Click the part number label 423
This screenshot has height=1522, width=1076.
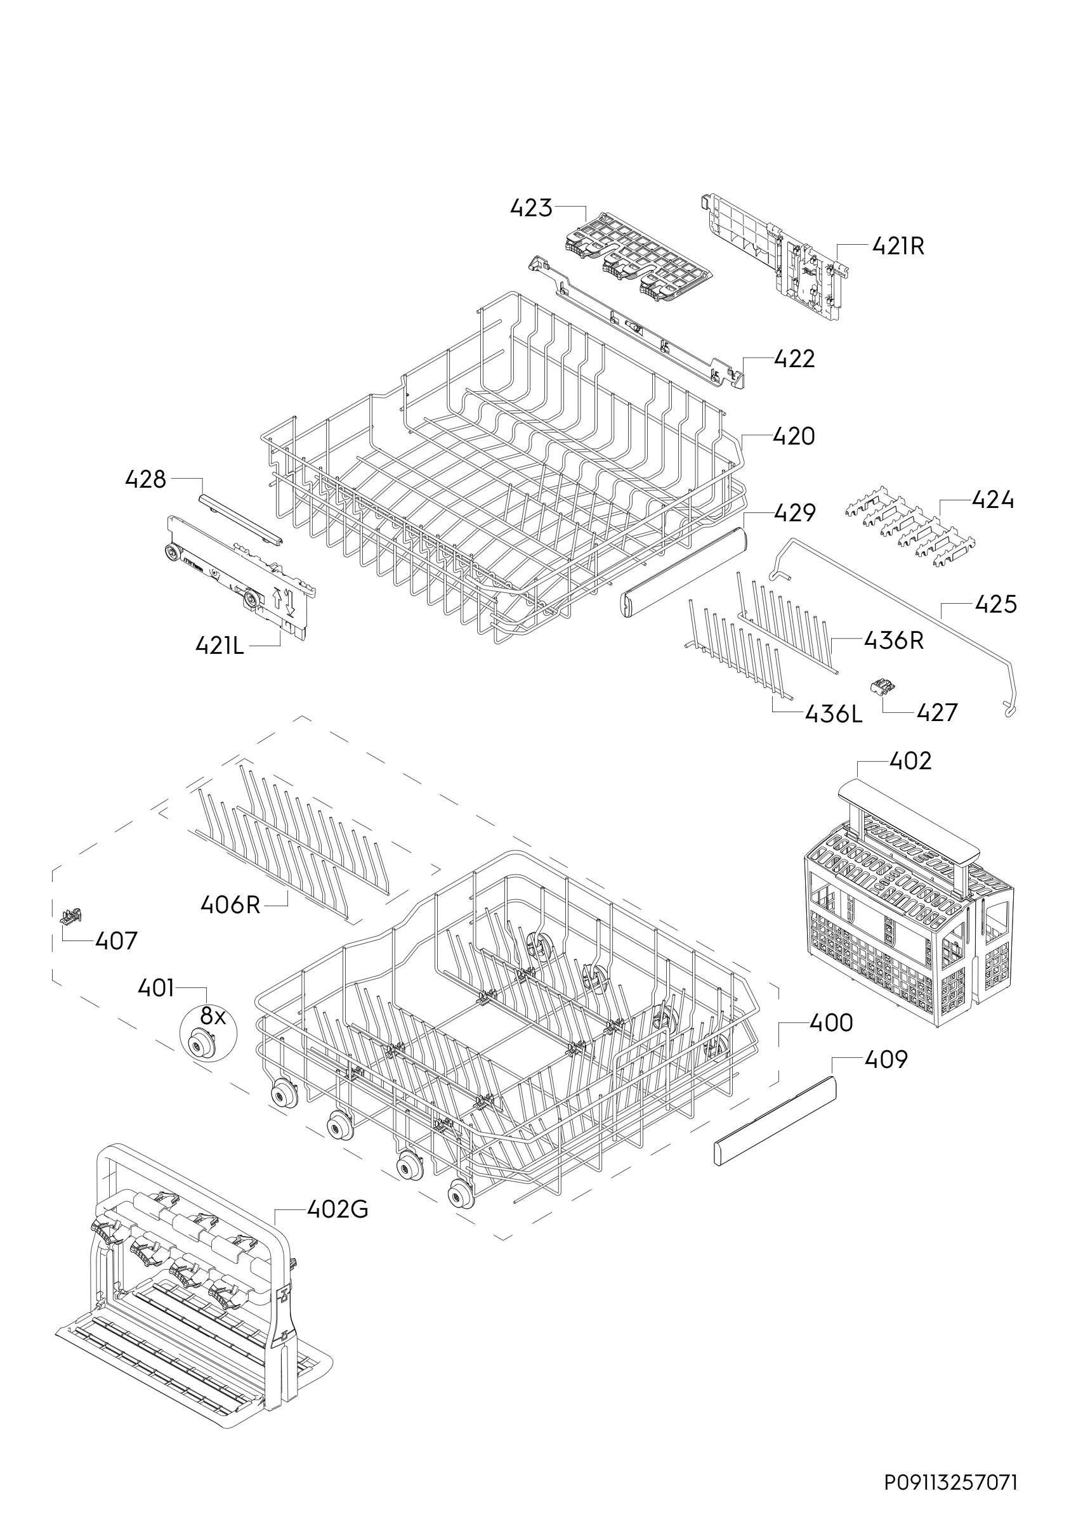pos(531,208)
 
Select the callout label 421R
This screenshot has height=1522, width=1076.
pos(898,247)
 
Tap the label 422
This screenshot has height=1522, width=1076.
pos(794,359)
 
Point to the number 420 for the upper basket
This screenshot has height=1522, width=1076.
pos(794,436)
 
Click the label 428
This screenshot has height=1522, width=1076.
pos(146,479)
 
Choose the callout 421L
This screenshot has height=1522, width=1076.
pos(220,645)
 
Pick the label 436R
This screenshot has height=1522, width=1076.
pos(894,641)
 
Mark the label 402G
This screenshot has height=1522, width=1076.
pos(338,1210)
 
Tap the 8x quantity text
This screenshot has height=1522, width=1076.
pos(213,1015)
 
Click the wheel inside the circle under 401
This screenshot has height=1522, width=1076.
pos(197,1044)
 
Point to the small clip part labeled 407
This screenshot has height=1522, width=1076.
pos(70,916)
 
